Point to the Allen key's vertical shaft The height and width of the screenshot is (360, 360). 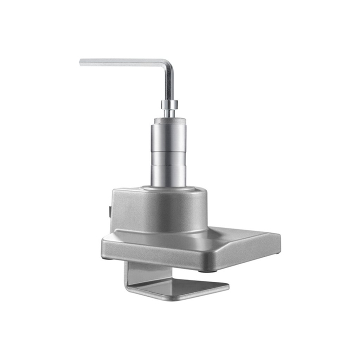click(170, 85)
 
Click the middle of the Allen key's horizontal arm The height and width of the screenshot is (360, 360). click(125, 62)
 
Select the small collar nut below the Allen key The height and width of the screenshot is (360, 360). click(169, 104)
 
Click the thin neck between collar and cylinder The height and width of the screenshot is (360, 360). click(169, 113)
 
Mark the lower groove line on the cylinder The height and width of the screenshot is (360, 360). click(169, 163)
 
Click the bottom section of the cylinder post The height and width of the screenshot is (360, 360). click(169, 175)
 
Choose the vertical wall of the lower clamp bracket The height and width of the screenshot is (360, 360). click(133, 272)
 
